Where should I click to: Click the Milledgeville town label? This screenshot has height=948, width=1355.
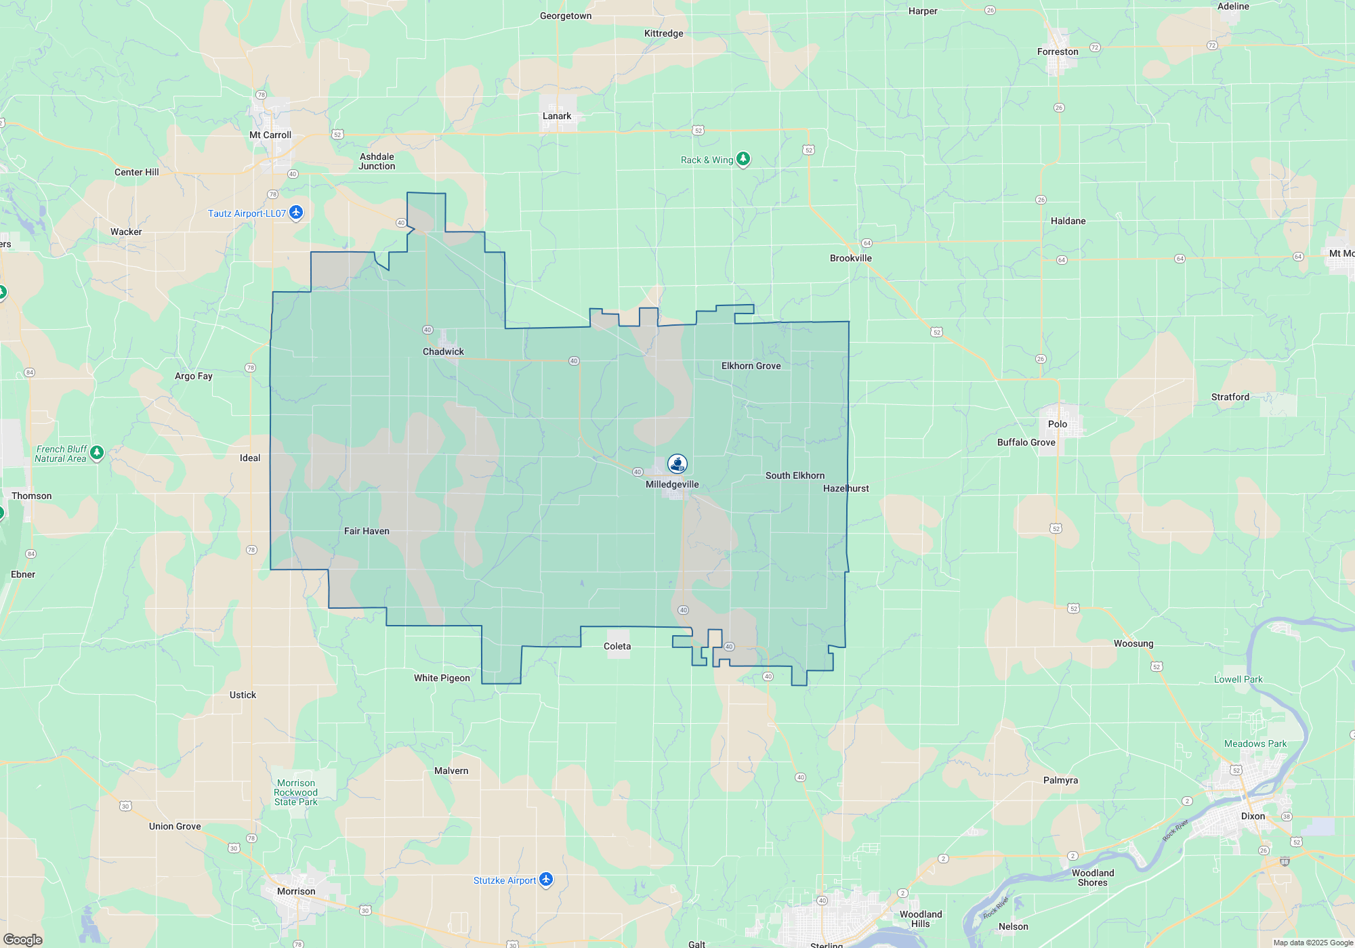tap(672, 484)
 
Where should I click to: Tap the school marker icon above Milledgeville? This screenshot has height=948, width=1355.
tap(677, 463)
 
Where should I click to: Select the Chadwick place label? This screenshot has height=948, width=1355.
tap(443, 351)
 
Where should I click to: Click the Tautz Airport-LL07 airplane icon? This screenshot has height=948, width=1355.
tap(296, 213)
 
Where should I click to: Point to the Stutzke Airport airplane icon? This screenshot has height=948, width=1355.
tap(546, 880)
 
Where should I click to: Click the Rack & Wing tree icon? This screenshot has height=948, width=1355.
tap(743, 159)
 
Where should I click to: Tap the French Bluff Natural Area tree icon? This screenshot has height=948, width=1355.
tap(97, 452)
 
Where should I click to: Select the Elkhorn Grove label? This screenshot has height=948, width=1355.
tap(751, 366)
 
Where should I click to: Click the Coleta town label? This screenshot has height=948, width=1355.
tap(617, 646)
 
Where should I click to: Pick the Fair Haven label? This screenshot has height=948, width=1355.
tap(367, 531)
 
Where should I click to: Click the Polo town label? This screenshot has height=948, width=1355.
tap(1058, 424)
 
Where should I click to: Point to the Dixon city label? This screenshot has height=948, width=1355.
tap(1253, 816)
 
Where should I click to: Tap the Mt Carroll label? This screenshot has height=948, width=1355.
tap(270, 135)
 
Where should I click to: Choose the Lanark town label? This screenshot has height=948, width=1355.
tap(557, 116)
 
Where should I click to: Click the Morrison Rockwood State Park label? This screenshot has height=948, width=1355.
tap(296, 792)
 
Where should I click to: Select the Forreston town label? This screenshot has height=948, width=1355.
tap(1058, 51)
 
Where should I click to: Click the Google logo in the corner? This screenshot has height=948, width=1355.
tap(23, 939)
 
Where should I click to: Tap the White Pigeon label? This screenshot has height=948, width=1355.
tap(442, 678)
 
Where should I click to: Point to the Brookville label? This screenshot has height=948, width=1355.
tap(851, 258)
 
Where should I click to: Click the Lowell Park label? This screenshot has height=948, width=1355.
tap(1238, 679)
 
